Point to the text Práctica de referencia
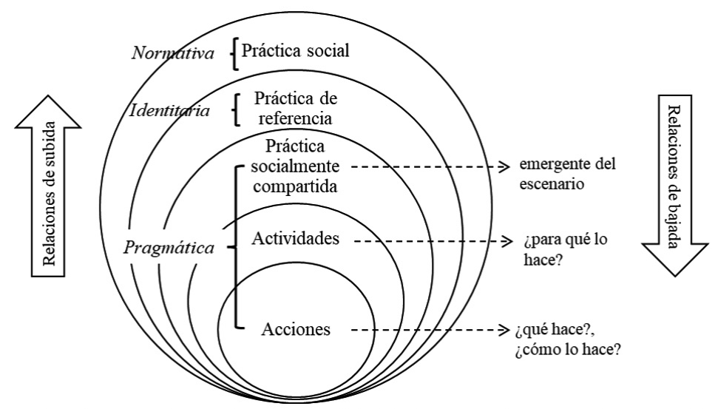pos(293,107)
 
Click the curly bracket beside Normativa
pos(235,54)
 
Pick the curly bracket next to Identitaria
pos(235,109)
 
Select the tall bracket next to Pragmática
pos(236,247)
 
